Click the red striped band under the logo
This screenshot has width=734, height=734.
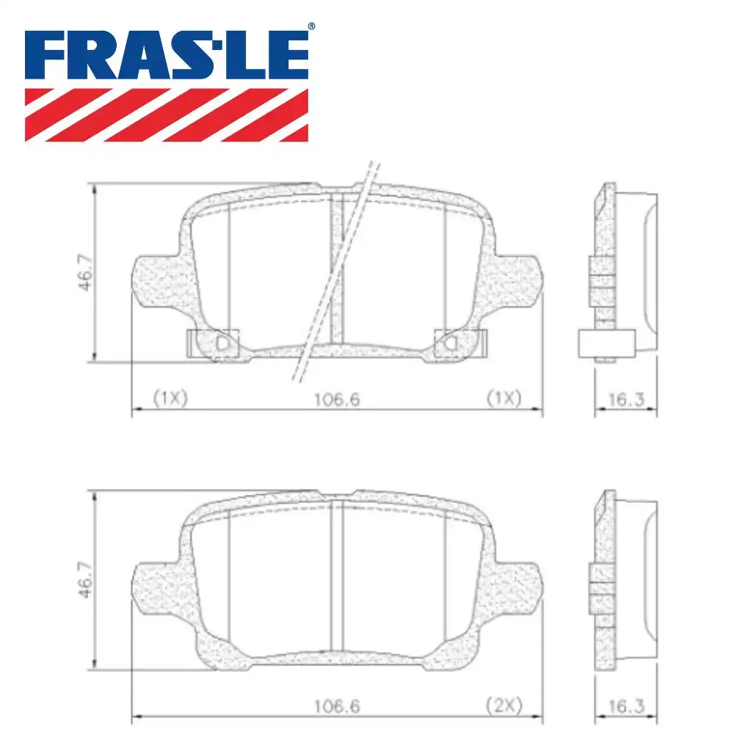tap(167, 114)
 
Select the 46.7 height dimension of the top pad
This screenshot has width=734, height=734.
tap(86, 273)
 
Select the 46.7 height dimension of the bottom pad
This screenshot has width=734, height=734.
tap(86, 581)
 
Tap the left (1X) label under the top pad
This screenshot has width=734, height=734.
tap(170, 398)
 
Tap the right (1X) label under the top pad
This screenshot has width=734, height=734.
tap(504, 398)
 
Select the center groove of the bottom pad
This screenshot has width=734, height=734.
tap(337, 576)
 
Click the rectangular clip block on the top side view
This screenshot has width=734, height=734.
tap(606, 344)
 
